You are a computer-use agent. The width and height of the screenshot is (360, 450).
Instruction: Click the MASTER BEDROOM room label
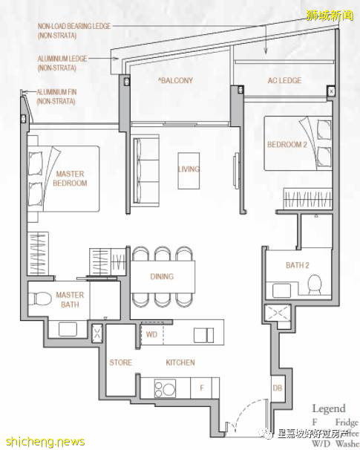pos(69,178)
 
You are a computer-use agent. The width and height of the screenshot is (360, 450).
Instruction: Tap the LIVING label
pos(189,169)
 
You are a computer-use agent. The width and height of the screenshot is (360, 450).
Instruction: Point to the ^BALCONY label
pos(175,80)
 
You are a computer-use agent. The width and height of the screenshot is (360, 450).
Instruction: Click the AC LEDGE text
pos(284,80)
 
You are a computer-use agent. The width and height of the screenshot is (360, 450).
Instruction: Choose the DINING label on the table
pos(161,276)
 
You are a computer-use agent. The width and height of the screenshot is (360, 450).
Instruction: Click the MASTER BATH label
pos(70,299)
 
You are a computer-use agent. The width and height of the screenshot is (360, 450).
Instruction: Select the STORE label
pos(120,362)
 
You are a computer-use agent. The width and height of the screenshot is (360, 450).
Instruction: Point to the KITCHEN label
pos(180,362)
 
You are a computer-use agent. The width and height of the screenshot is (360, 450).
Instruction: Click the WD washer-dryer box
pos(151,335)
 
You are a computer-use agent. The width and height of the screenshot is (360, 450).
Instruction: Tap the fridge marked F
pos(200,387)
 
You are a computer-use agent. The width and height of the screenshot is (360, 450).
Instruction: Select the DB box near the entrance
pos(277,388)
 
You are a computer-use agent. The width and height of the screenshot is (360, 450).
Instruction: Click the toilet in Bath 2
pos(313,284)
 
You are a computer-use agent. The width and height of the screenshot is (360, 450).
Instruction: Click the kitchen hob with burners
pos(163,387)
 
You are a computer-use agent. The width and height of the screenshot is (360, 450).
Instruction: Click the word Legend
pos(328,408)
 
